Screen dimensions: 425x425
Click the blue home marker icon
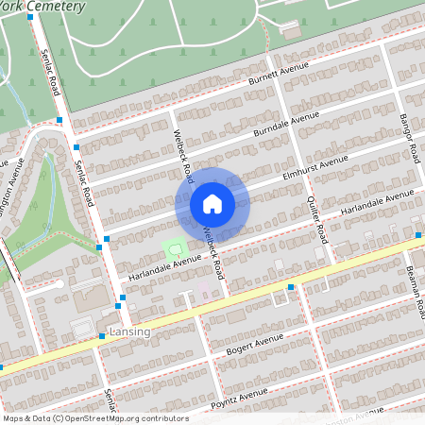point(212,203)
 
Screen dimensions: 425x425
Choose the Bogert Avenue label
point(254,345)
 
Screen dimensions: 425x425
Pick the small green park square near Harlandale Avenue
point(173,250)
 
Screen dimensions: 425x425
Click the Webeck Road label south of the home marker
point(215,251)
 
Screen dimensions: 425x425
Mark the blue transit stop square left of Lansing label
point(102,336)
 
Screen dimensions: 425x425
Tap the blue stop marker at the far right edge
point(418,233)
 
